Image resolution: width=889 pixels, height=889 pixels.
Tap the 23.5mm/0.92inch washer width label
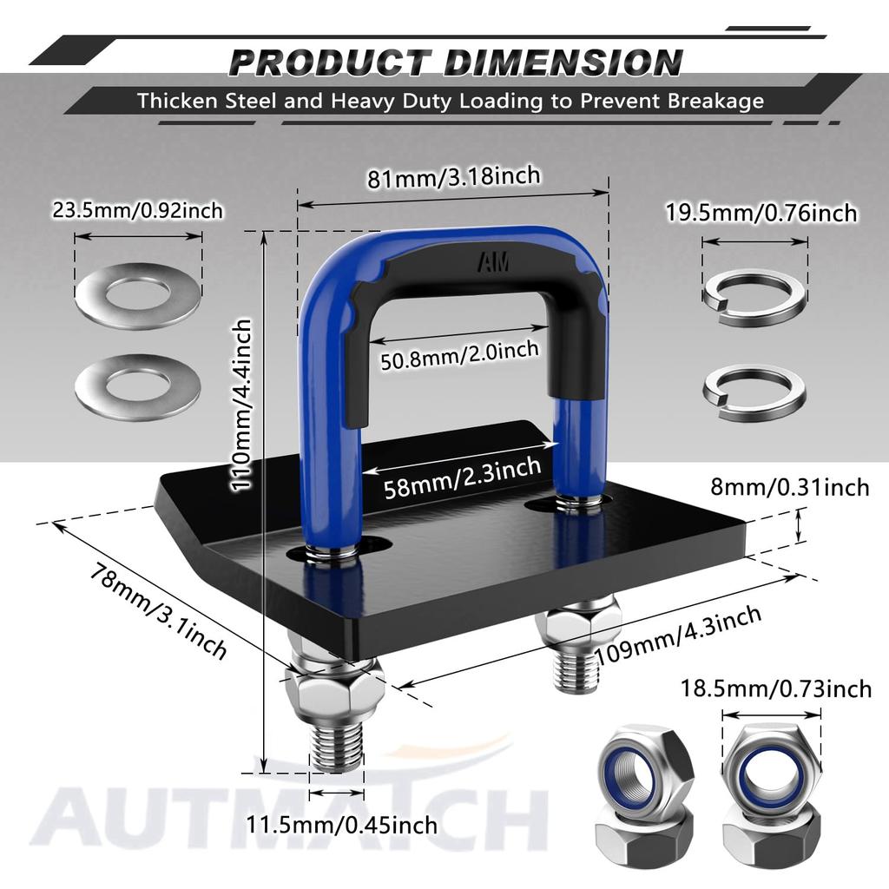(x=138, y=211)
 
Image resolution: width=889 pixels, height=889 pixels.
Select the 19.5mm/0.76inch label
(x=761, y=213)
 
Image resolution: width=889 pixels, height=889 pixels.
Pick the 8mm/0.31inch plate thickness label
(x=800, y=488)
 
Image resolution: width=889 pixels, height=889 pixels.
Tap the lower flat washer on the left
(x=138, y=387)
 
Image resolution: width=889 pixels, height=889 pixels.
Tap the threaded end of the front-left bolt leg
(x=337, y=748)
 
